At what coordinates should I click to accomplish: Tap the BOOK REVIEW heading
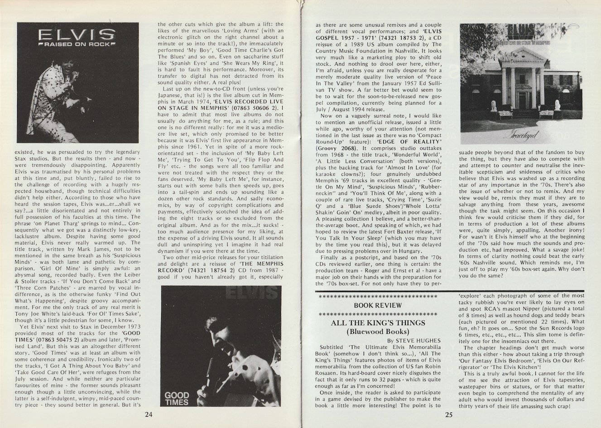click(378, 305)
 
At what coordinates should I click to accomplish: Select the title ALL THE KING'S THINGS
click(378, 323)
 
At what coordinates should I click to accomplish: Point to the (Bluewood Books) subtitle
click(378, 332)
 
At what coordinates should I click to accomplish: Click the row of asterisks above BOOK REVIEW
click(378, 297)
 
